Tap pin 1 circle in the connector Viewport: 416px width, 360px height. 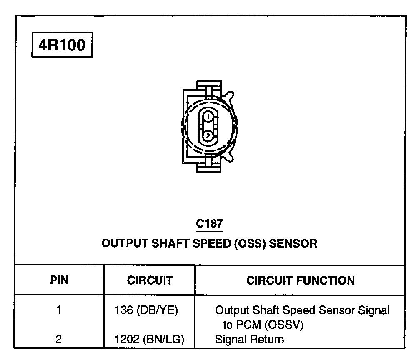click(208, 117)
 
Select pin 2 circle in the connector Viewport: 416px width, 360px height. click(208, 136)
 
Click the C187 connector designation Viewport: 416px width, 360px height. click(209, 224)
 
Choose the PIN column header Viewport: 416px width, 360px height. click(59, 280)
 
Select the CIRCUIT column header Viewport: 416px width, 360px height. click(150, 280)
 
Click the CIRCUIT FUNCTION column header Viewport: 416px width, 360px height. click(301, 280)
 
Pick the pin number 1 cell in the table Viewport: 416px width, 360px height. click(59, 310)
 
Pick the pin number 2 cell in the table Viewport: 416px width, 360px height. click(59, 339)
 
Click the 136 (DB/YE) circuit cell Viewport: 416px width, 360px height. click(146, 310)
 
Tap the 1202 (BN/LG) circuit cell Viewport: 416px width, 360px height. click(149, 339)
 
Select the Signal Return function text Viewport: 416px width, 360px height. click(249, 339)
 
